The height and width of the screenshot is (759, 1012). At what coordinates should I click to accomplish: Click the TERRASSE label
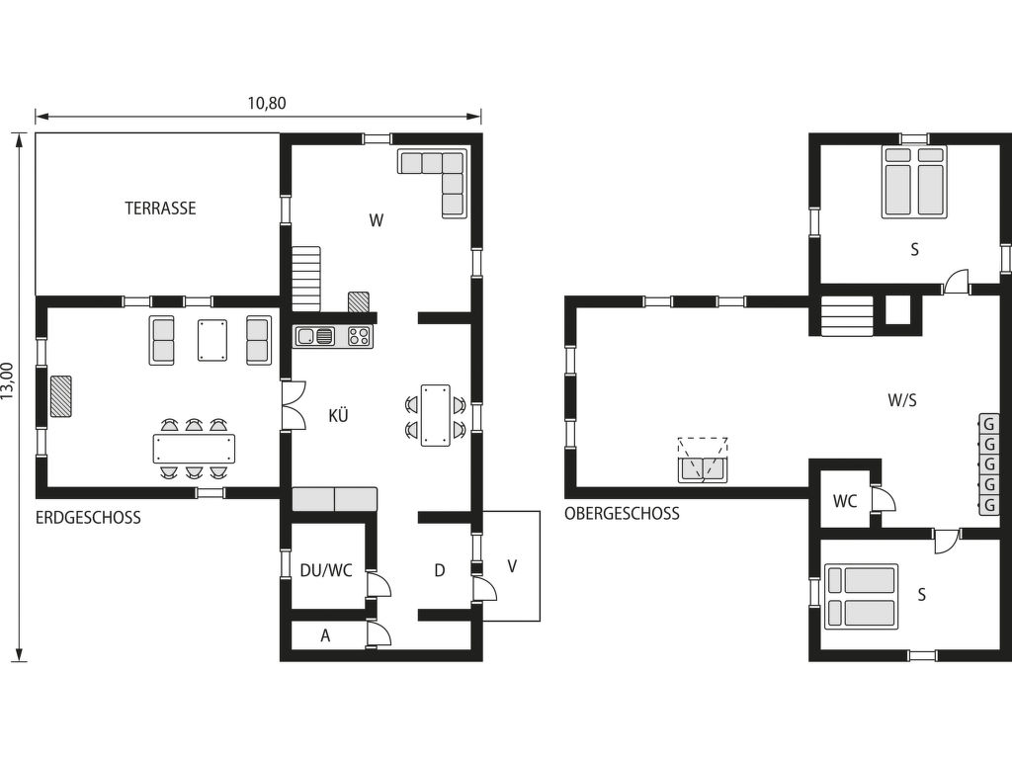click(x=160, y=209)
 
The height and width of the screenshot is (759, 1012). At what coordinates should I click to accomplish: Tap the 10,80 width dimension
click(x=267, y=103)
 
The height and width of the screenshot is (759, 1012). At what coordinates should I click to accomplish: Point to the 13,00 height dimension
click(x=7, y=380)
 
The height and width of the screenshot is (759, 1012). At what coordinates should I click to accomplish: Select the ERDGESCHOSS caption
click(x=88, y=518)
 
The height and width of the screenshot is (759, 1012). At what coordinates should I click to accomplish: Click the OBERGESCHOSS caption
click(x=622, y=514)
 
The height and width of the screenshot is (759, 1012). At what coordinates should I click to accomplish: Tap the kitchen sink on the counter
click(x=315, y=336)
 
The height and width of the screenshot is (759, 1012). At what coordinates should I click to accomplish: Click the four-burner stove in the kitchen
click(x=360, y=336)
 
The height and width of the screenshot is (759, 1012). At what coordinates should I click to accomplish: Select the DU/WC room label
click(x=326, y=570)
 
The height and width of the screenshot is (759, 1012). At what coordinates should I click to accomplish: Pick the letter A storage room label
click(x=325, y=636)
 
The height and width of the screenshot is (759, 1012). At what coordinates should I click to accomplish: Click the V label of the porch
click(x=512, y=566)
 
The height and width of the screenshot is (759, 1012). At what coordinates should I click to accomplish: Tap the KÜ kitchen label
click(x=338, y=415)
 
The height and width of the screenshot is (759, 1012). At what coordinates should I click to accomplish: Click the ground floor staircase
click(x=306, y=279)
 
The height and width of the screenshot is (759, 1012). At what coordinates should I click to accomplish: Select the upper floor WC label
click(x=845, y=501)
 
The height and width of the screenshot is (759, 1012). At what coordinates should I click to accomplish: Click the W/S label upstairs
click(x=901, y=401)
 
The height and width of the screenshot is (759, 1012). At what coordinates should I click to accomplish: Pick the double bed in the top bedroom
click(x=914, y=182)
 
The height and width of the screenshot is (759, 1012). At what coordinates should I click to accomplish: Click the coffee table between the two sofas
click(x=212, y=340)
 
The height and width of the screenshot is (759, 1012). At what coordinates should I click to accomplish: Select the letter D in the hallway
click(x=440, y=570)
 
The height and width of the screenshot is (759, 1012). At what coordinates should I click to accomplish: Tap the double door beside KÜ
click(x=293, y=405)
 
